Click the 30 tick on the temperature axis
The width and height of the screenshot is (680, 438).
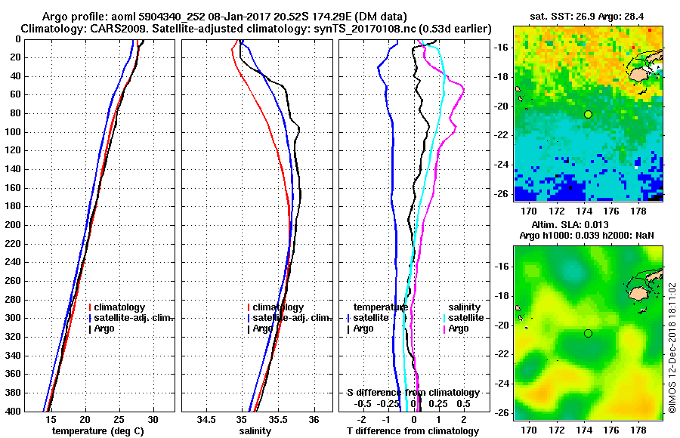[153, 419]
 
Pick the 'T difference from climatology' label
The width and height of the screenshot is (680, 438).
[413, 431]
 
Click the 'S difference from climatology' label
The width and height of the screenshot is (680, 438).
[413, 393]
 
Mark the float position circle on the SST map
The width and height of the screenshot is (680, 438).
[588, 114]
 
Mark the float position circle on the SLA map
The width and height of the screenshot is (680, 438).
[588, 333]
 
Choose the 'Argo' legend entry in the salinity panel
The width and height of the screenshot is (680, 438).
[262, 328]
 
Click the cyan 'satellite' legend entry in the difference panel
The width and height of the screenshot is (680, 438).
[465, 318]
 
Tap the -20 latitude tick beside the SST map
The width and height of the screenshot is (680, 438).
[499, 106]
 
